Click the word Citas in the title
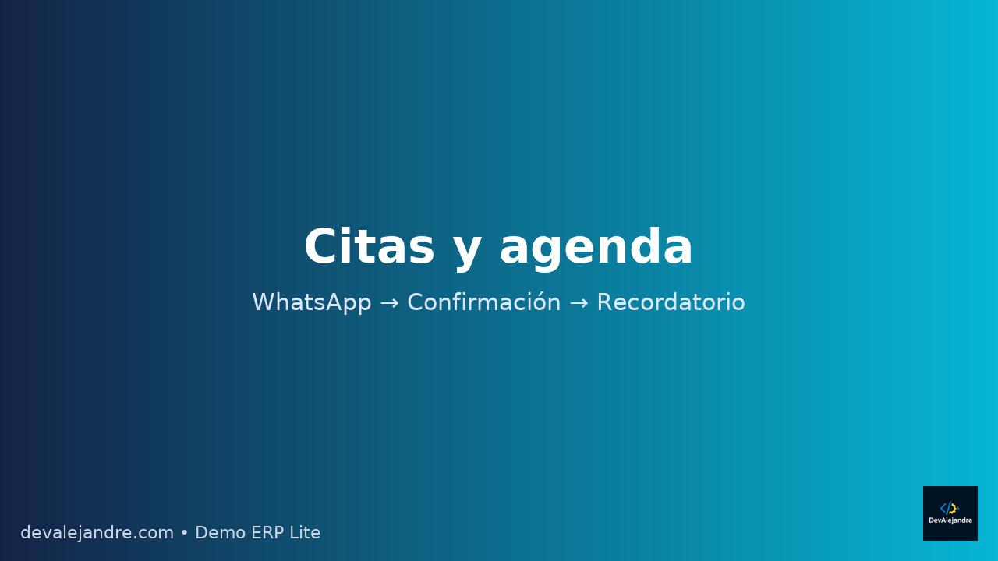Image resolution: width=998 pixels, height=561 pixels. pyautogui.click(x=369, y=248)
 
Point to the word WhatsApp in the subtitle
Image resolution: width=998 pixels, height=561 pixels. pyautogui.click(x=311, y=302)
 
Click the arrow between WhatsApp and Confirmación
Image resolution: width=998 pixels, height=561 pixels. pyautogui.click(x=389, y=303)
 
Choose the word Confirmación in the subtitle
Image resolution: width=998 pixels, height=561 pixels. pyautogui.click(x=483, y=302)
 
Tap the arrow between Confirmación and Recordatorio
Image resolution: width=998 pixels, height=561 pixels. pyautogui.click(x=579, y=303)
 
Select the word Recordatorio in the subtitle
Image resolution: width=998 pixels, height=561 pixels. pyautogui.click(x=671, y=302)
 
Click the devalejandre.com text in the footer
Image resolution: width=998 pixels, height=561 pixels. pyautogui.click(x=97, y=533)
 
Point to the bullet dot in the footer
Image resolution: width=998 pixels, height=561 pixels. pyautogui.click(x=185, y=533)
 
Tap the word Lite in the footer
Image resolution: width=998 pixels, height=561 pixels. pyautogui.click(x=306, y=533)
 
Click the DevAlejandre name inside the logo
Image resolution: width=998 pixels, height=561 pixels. pyautogui.click(x=950, y=520)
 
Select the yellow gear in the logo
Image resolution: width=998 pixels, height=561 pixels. pyautogui.click(x=954, y=509)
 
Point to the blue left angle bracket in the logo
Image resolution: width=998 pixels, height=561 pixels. pyautogui.click(x=943, y=509)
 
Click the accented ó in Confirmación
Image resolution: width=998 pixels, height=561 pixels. pyautogui.click(x=538, y=302)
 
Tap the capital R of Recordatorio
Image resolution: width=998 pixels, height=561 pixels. pyautogui.click(x=604, y=302)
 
